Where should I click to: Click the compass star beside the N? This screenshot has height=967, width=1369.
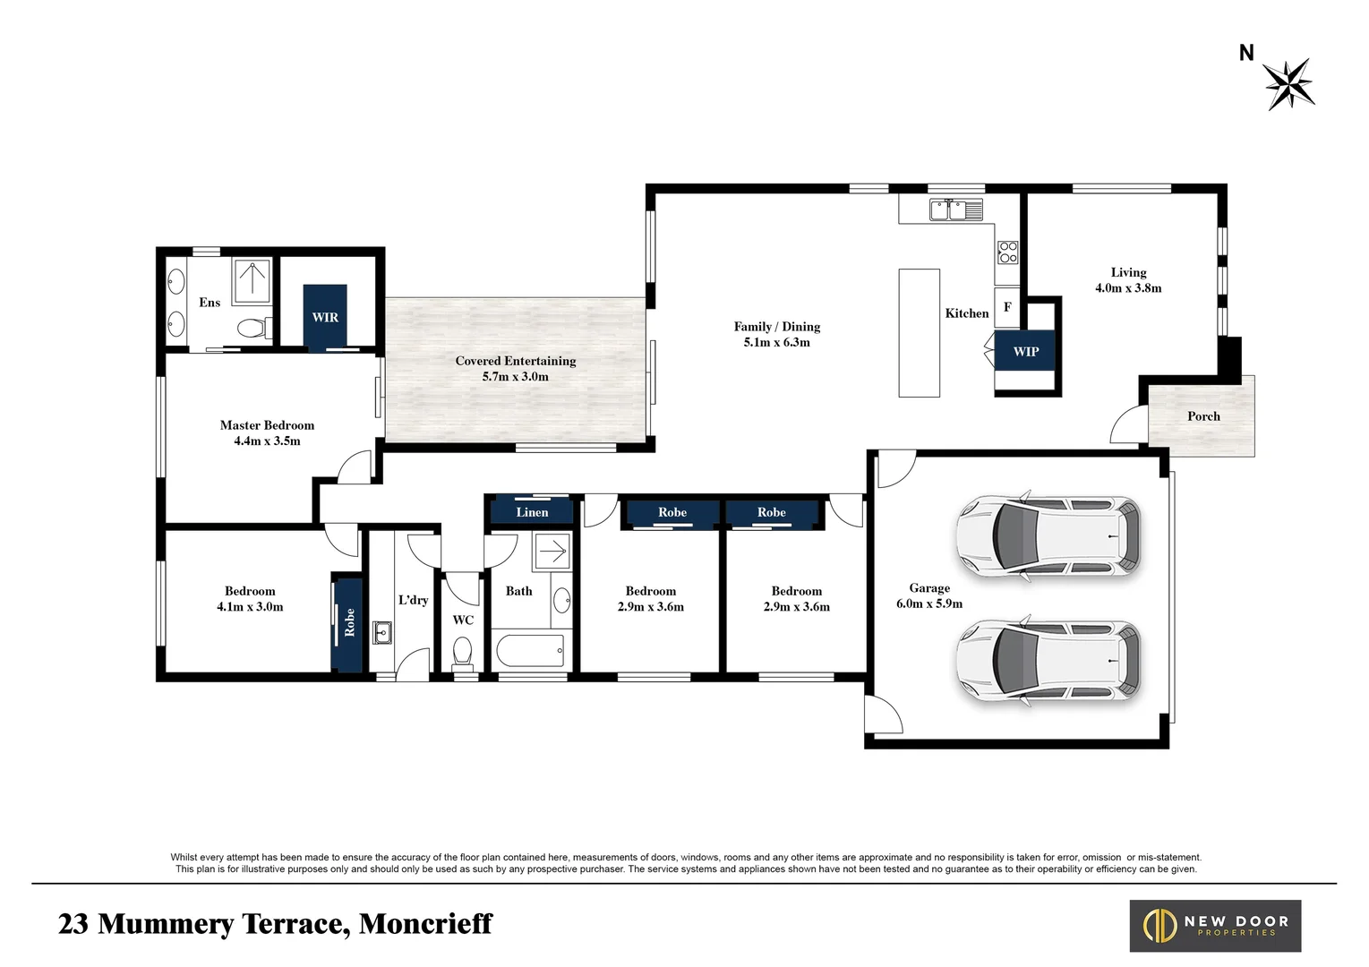[1288, 84]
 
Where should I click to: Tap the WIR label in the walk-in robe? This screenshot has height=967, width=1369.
[325, 317]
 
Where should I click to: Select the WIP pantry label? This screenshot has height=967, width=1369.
[1025, 352]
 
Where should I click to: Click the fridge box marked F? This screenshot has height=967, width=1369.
[1007, 307]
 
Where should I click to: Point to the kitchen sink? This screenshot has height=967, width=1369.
[956, 209]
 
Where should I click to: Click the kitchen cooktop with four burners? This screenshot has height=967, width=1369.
[1008, 252]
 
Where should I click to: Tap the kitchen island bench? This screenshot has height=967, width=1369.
[920, 333]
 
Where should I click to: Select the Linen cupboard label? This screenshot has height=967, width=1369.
[532, 512]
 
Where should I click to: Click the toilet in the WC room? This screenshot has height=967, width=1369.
[462, 652]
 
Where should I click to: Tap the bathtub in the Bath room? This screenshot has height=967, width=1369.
[530, 652]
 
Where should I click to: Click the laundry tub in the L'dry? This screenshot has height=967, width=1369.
[382, 633]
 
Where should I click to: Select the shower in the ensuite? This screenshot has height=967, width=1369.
[252, 280]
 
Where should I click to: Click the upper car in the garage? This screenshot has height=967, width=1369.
[1048, 536]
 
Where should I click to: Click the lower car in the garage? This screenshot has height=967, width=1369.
[1048, 661]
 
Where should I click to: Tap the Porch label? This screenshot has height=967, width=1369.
[1203, 416]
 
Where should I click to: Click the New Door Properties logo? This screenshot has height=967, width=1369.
[1215, 926]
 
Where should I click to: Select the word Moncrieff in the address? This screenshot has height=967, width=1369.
[425, 924]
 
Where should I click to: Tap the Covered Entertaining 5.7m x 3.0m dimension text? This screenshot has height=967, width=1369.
[515, 377]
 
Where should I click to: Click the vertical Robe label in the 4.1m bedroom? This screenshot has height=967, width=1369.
[349, 622]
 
